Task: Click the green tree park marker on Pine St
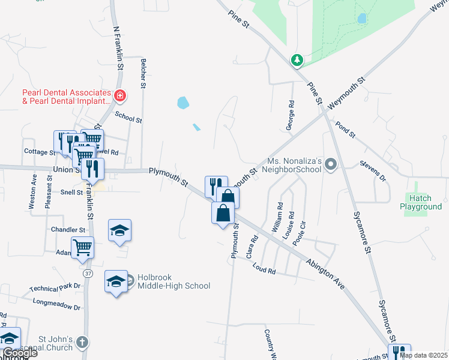click(297, 59)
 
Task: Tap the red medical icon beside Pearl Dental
click(120, 95)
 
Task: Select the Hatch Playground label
click(421, 202)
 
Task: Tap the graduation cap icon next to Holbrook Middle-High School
click(116, 281)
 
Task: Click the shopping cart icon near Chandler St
click(82, 247)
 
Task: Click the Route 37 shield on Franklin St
click(88, 274)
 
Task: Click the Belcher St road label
click(143, 73)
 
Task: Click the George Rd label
click(291, 112)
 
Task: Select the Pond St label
click(346, 128)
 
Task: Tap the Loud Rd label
click(264, 268)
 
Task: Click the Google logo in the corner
click(20, 353)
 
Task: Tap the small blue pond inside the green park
click(362, 19)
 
